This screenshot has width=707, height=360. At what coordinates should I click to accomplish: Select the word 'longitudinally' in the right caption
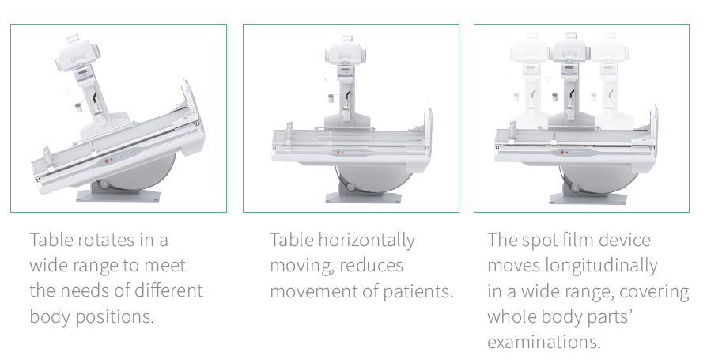(601, 266)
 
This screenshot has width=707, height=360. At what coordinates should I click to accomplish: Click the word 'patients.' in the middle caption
(418, 292)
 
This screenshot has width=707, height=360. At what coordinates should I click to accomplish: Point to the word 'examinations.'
(544, 342)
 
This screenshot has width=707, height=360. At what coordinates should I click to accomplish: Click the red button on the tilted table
(107, 161)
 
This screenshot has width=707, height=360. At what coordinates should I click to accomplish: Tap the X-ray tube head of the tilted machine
(77, 54)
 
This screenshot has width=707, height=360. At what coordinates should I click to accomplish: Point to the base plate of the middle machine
(364, 198)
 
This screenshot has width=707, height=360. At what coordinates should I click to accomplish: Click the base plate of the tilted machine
(118, 195)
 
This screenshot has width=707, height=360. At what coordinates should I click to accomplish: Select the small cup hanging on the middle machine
(331, 98)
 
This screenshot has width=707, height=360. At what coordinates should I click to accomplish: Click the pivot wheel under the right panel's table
(575, 188)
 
